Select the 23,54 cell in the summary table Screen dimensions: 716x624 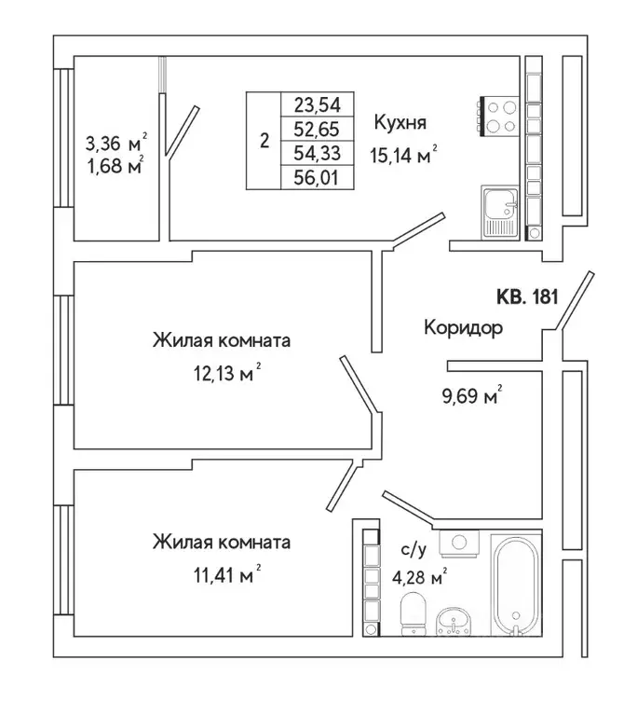(317, 104)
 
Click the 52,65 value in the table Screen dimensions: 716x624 (317, 129)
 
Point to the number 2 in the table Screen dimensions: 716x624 (265, 142)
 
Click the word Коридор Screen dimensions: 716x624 (463, 328)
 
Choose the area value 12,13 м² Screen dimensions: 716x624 (222, 374)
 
